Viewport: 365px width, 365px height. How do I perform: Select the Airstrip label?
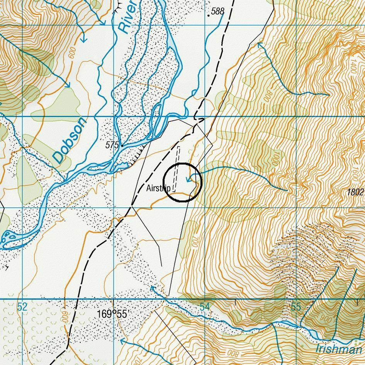pos(158,188)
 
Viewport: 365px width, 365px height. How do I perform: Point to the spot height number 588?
pos(218,11)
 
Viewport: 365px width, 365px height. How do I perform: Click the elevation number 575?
pos(112,145)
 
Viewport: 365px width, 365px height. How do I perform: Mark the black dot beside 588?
pos(209,16)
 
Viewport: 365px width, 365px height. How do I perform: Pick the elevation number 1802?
pos(355,192)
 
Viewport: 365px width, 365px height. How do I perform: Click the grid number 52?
pos(22,307)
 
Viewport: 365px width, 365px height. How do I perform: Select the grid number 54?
pos(204,307)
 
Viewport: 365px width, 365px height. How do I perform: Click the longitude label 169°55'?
pos(112,314)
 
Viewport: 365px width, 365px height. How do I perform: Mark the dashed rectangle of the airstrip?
pos(176,168)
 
